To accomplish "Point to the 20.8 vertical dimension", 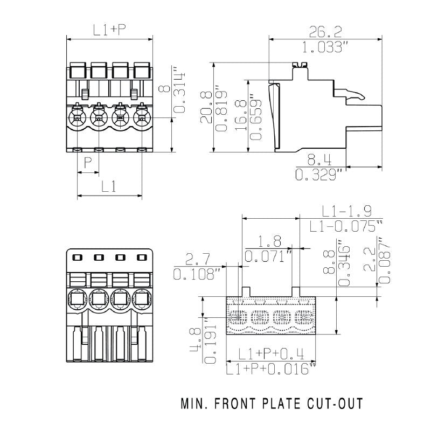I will pos(206,108).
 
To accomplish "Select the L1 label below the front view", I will pos(109,186).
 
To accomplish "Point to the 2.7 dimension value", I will pos(198,259).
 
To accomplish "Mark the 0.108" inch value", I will pos(198,274).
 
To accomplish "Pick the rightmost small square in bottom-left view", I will pos(142,258).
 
